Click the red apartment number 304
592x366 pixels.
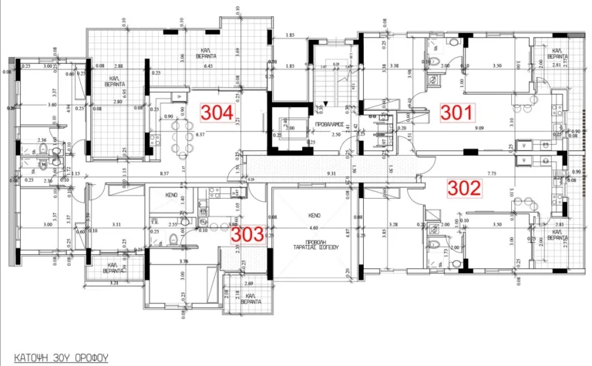tap(217, 112)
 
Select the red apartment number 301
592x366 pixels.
tap(456, 112)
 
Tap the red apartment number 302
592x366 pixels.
tap(465, 186)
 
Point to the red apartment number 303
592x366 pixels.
tap(249, 233)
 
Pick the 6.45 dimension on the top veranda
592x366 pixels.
tap(207, 67)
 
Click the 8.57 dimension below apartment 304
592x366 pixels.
tap(165, 174)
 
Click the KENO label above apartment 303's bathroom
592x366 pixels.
tap(173, 196)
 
